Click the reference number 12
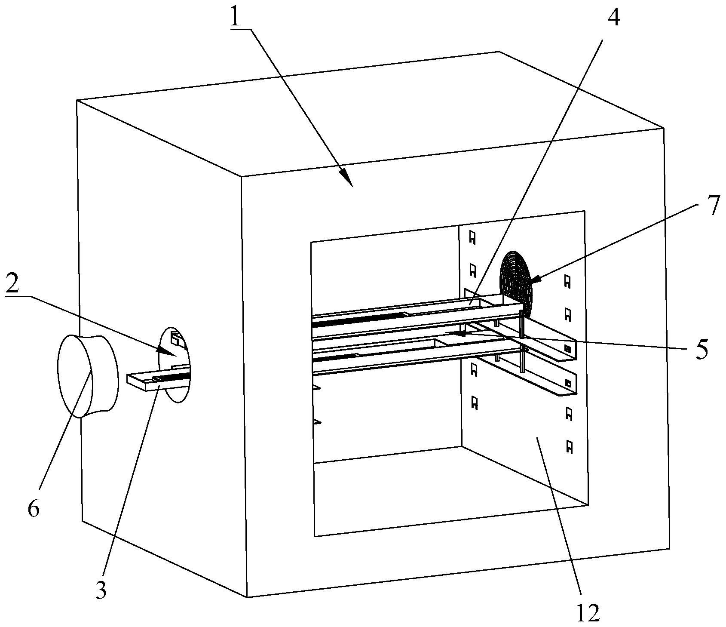click(588, 613)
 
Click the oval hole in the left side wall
click(174, 364)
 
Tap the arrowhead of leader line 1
click(347, 178)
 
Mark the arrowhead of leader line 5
click(461, 333)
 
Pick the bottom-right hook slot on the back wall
click(569, 447)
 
